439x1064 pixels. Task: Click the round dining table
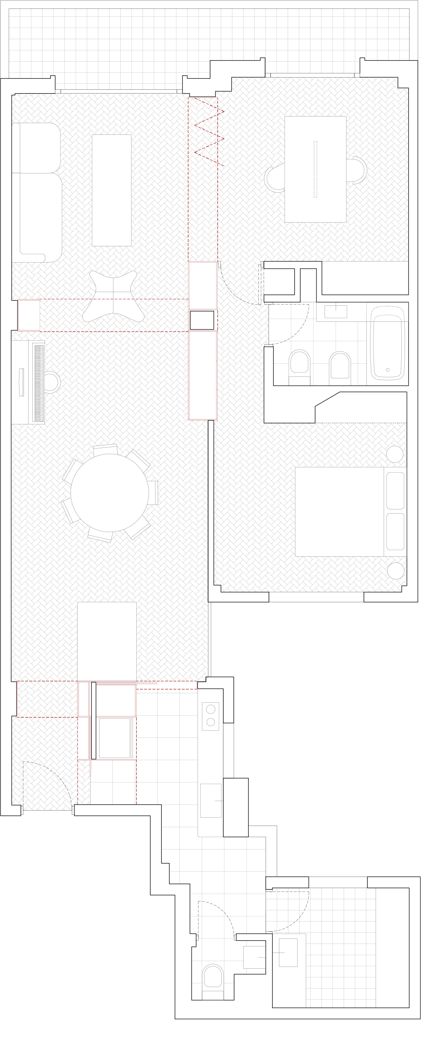click(110, 492)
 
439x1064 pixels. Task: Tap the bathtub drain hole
click(387, 370)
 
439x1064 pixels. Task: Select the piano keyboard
click(39, 382)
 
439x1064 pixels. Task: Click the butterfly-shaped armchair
click(113, 296)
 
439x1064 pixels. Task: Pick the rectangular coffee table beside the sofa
click(112, 190)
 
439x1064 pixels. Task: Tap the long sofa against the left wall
click(37, 192)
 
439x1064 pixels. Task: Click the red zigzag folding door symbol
click(209, 132)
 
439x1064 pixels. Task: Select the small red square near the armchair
click(29, 315)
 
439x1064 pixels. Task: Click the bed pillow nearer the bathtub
click(395, 491)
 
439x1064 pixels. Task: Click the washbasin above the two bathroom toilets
click(336, 312)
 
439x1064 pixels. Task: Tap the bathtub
click(387, 343)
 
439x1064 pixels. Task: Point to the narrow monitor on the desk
click(316, 169)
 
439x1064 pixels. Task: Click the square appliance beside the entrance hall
click(114, 738)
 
